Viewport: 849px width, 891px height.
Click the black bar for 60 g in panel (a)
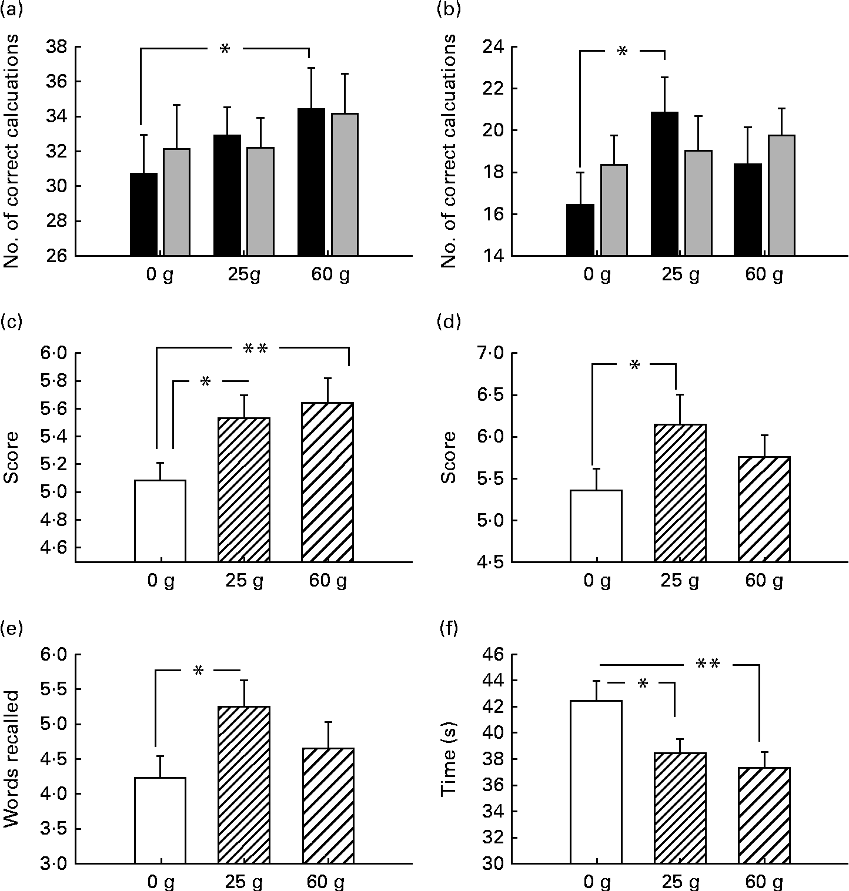311,182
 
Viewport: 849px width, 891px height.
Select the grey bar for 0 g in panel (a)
176,203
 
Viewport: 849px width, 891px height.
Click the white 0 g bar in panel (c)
160,521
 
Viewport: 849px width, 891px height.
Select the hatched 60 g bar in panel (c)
327,482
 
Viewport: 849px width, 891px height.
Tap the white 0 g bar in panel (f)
596,782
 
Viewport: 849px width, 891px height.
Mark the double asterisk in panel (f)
708,665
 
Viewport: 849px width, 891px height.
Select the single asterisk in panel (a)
224,50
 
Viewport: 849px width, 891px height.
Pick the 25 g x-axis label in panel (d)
680,581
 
